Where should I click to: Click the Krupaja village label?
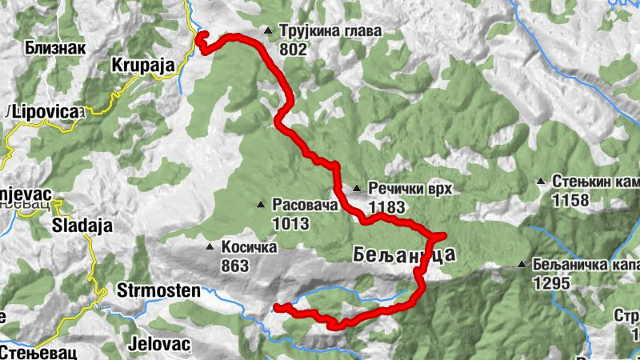click(143, 66)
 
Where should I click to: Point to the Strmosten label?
click(158, 290)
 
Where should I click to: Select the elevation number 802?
click(294, 49)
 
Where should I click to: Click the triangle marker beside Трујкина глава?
click(268, 31)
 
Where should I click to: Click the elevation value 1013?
click(290, 223)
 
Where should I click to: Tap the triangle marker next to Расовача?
click(261, 205)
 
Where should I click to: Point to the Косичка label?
click(249, 247)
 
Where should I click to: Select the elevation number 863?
click(234, 266)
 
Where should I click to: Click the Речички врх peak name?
click(410, 190)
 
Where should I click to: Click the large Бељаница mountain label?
click(404, 255)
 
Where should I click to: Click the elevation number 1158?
click(570, 200)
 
